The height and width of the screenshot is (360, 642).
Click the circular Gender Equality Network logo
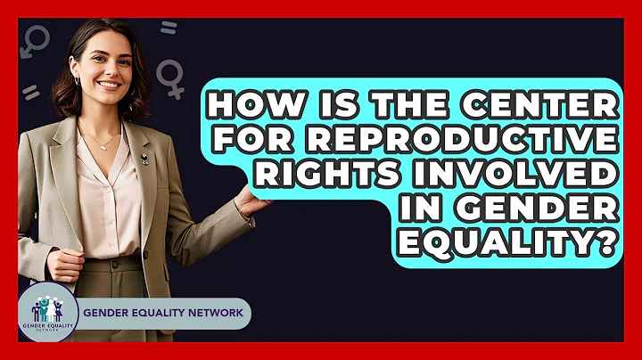[x=47, y=314]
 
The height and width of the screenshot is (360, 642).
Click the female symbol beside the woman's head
[x=170, y=76]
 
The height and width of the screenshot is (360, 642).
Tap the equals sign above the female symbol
[x=168, y=29]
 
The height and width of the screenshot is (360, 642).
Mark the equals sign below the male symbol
[x=31, y=93]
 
